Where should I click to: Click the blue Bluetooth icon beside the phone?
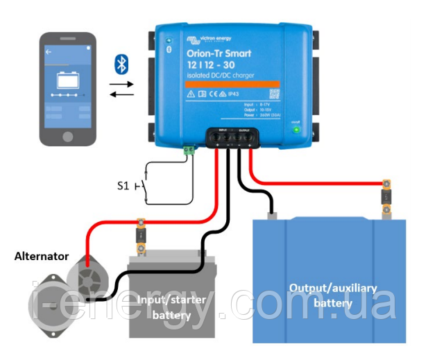coord(122,66)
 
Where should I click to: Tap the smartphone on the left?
coord(67,89)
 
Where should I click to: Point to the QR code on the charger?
coord(274,92)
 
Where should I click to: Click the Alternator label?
coord(42,256)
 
